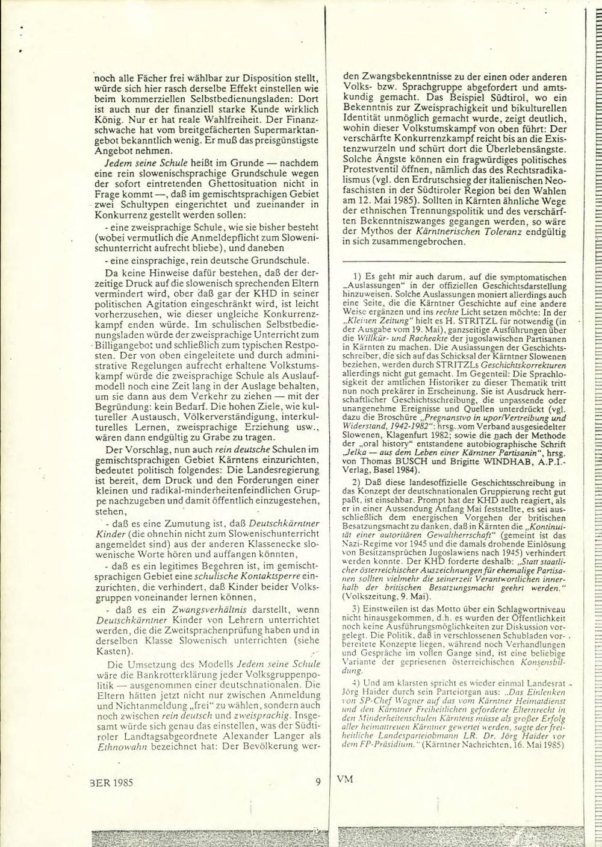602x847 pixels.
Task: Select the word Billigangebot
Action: pyautogui.click(x=120, y=348)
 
